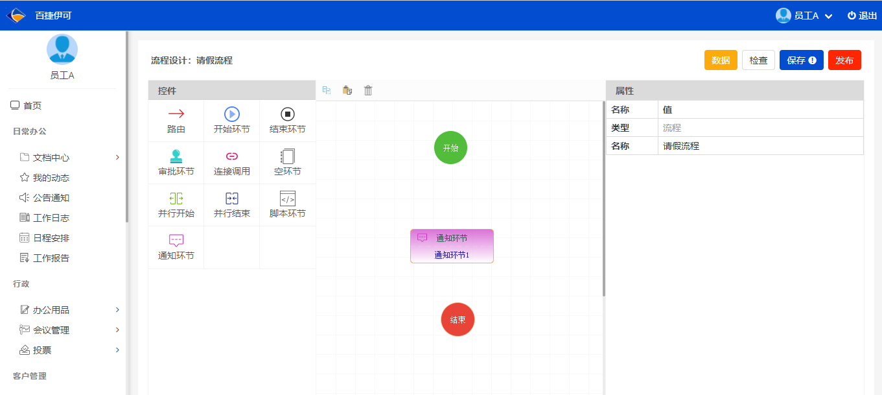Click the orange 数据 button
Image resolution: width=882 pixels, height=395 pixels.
coord(721,60)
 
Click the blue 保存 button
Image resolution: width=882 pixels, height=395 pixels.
coord(801,60)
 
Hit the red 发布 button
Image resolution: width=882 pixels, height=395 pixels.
coord(844,60)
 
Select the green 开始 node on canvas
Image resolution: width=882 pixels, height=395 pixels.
coord(450,148)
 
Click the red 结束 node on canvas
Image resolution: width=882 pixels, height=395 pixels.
coord(458,319)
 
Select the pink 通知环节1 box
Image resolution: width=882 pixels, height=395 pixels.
coord(452,246)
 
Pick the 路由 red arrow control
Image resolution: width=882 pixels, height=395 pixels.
coord(176,121)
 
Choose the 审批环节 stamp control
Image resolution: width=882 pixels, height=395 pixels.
coord(176,163)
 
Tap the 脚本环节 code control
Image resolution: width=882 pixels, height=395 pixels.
coord(288,205)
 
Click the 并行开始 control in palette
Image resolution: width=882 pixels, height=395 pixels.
coord(176,205)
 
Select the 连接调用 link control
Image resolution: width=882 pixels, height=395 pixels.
coord(231,163)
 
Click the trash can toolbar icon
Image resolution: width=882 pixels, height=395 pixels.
coord(367,90)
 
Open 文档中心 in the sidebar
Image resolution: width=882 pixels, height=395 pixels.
coord(51,158)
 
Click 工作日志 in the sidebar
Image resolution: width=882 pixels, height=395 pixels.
coord(51,217)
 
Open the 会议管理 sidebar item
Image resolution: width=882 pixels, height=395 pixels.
coord(51,330)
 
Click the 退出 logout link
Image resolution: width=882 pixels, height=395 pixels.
coord(863,16)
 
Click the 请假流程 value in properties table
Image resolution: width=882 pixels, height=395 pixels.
coord(681,146)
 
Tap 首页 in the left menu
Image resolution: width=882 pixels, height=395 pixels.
coord(26,106)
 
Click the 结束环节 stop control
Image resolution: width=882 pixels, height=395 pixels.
coord(288,121)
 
